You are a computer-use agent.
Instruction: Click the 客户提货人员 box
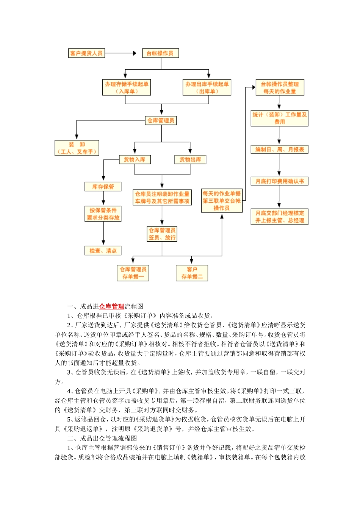(86, 53)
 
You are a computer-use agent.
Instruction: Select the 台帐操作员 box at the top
(160, 53)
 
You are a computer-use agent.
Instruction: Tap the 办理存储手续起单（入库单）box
(127, 87)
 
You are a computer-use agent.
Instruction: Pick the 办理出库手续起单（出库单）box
(207, 87)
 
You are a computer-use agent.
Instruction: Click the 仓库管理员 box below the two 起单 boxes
(161, 120)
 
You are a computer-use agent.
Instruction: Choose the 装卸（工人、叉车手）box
(77, 148)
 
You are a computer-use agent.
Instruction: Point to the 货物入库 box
(135, 160)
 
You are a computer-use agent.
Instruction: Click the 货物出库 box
(190, 160)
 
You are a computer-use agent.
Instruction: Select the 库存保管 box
(103, 187)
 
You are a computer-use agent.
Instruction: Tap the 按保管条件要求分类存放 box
(103, 214)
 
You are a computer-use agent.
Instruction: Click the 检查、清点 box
(103, 251)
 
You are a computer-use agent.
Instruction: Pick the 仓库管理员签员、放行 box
(162, 234)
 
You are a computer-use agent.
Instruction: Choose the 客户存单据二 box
(192, 273)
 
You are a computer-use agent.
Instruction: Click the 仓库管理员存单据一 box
(133, 273)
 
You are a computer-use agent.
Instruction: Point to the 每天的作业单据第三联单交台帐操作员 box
(222, 201)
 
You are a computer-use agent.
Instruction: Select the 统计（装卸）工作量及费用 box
(280, 118)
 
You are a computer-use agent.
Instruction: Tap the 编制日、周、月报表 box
(280, 150)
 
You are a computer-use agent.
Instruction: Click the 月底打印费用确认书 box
(280, 181)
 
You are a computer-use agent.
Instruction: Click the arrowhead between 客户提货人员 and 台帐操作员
(134, 53)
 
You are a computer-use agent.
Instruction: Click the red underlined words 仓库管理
(111, 306)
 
